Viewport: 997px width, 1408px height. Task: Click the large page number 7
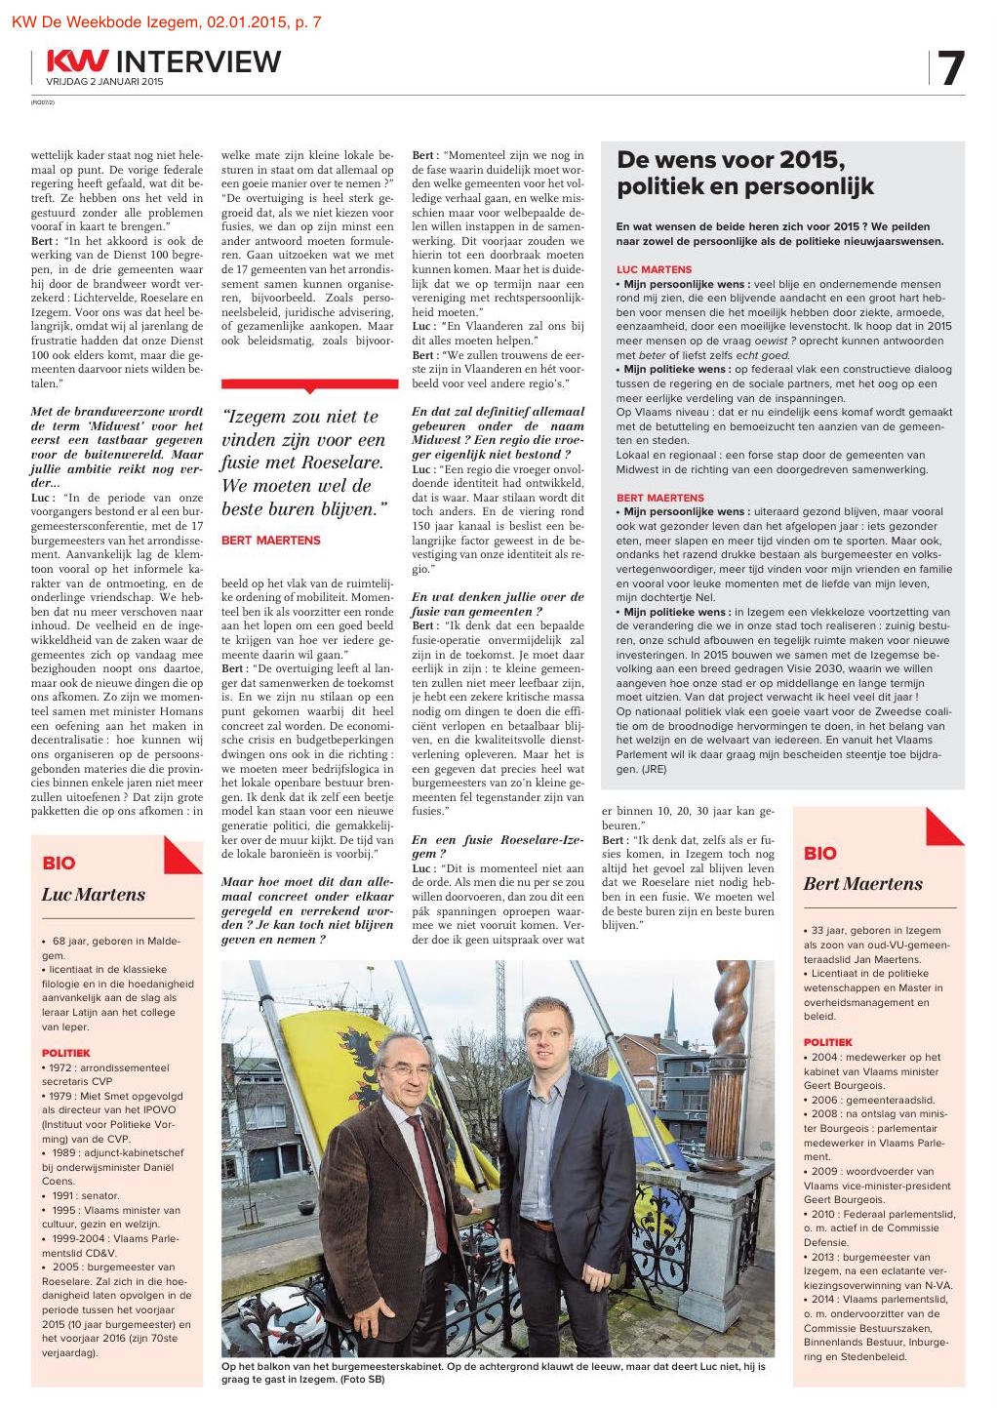950,68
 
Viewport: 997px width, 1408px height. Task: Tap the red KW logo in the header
77,61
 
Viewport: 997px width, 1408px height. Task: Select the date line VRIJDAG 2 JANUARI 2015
104,82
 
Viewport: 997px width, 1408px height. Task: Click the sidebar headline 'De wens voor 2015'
732,160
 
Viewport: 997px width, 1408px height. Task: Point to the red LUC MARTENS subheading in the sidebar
654,269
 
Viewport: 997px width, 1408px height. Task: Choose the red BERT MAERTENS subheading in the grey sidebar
659,498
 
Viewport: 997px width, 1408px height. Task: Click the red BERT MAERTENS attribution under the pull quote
270,540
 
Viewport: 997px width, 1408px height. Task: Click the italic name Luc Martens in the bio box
93,894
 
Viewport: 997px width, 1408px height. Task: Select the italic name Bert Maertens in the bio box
862,884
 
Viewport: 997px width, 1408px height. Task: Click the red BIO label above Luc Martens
59,863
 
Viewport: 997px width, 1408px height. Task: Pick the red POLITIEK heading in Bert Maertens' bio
827,1042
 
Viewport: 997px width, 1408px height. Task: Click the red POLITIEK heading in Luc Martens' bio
65,1053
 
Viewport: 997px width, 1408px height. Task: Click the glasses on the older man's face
406,1071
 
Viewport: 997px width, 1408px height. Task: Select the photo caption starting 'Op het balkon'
493,1373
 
